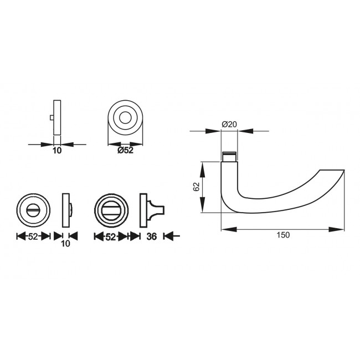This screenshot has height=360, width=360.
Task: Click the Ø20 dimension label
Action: point(229,125)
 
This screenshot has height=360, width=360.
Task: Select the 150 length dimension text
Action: point(282,235)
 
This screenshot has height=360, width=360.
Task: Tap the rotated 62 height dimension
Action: point(196,187)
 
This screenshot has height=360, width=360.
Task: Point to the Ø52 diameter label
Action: point(126,150)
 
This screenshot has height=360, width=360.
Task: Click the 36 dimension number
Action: point(153,236)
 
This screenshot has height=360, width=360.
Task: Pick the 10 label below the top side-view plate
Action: point(56,150)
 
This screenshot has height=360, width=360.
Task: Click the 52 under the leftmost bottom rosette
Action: point(33,236)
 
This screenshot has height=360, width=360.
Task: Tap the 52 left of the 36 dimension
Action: point(111,236)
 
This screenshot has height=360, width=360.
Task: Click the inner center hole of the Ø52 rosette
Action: point(126,117)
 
